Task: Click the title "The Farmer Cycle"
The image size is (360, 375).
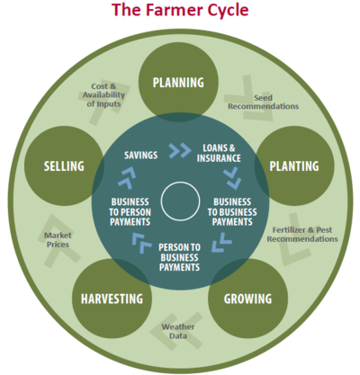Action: (x=180, y=10)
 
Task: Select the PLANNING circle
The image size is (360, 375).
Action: (x=178, y=82)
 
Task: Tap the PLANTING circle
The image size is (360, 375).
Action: (x=294, y=165)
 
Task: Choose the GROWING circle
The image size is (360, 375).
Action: (x=247, y=299)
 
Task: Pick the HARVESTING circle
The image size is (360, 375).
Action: (x=112, y=299)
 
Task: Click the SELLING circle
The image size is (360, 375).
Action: (x=64, y=165)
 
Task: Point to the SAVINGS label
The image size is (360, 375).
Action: (x=141, y=155)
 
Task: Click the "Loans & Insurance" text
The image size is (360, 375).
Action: (x=219, y=153)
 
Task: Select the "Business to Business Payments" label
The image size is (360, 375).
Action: (x=232, y=212)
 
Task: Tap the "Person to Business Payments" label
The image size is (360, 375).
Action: (x=179, y=257)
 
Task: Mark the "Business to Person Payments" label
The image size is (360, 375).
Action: (x=130, y=212)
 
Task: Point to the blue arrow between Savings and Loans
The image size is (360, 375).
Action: (x=180, y=150)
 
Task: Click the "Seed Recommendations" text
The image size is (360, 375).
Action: (x=263, y=102)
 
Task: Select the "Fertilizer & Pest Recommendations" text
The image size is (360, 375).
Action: (x=302, y=235)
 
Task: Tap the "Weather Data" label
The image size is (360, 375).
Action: (x=178, y=331)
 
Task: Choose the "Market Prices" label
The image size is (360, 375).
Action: (x=58, y=240)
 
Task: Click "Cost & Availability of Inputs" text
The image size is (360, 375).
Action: (x=103, y=95)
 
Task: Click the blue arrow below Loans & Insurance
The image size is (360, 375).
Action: (x=232, y=178)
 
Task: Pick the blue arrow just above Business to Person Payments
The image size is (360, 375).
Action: (x=127, y=179)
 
